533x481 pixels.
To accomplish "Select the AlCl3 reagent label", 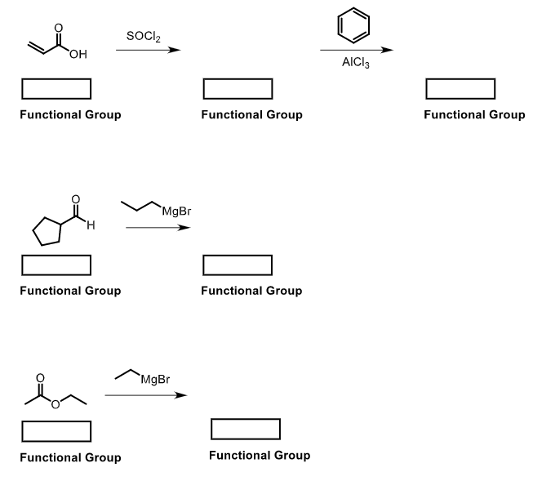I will (x=356, y=65).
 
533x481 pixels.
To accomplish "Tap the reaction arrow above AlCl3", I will (x=356, y=51).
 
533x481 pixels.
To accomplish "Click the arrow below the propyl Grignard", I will (x=158, y=227).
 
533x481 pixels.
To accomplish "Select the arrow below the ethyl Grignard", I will (x=145, y=395).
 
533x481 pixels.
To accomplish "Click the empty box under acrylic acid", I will (x=56, y=88).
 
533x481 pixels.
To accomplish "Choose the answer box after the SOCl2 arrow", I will (x=238, y=88).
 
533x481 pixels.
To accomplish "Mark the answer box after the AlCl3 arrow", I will (x=460, y=88).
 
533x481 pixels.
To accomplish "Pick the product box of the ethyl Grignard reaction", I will (x=246, y=428).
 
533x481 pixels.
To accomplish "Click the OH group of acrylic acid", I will (x=78, y=55).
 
